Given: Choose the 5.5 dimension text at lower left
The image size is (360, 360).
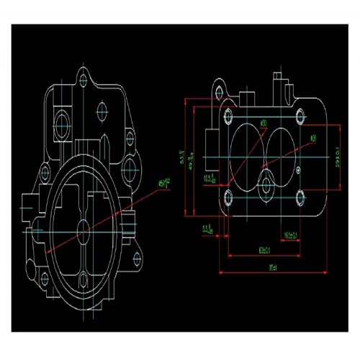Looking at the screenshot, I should pos(207,229).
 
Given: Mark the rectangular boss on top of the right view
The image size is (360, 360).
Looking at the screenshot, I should pos(248,98).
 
